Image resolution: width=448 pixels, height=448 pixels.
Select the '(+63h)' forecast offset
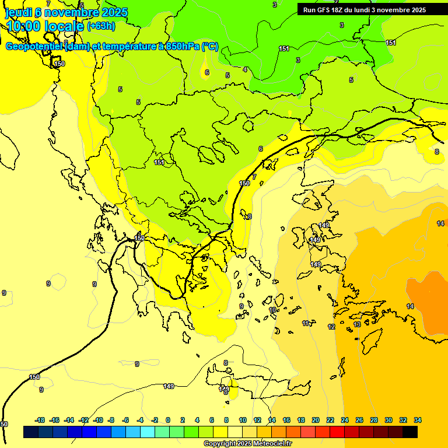point(101,26)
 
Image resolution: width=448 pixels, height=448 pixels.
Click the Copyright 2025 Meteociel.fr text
point(247,443)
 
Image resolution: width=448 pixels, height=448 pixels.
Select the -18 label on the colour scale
point(40,420)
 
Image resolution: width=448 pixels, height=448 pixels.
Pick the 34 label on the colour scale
point(417,420)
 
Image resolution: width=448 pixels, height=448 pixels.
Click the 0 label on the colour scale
point(168,420)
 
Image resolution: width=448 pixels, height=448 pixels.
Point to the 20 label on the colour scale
point(316,420)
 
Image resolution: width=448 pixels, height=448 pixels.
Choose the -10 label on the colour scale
point(98,420)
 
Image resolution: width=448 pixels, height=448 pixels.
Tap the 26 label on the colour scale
point(359,420)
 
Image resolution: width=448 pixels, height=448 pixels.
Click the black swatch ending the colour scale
point(410,432)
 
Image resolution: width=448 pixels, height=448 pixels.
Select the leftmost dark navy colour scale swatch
point(31,432)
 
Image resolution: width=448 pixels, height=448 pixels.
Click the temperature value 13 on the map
point(357,324)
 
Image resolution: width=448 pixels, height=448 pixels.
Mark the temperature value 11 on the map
point(306,323)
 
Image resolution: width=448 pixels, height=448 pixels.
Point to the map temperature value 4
point(245,69)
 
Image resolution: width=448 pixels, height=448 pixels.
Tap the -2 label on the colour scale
point(154,420)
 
